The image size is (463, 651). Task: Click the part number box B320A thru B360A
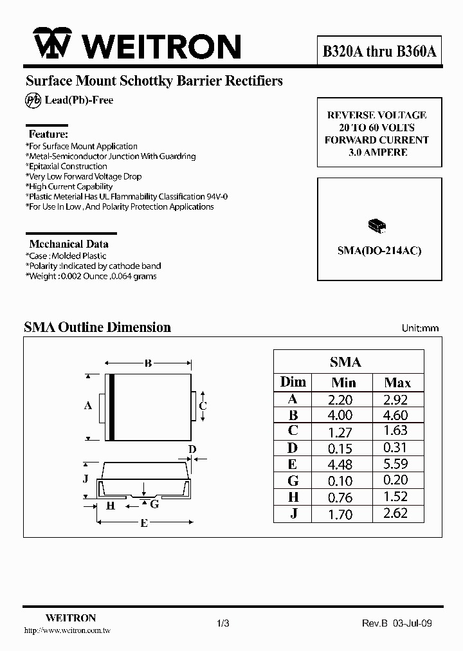[379, 52]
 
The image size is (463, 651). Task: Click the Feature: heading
[48, 134]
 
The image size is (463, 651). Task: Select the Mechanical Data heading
[69, 244]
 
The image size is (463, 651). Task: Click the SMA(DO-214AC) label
[379, 251]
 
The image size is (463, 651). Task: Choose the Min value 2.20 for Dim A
[341, 399]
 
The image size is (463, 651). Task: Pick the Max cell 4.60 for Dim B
[397, 416]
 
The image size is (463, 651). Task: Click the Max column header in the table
[397, 382]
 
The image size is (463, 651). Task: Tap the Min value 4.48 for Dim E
[341, 464]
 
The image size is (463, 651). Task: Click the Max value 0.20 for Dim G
[397, 481]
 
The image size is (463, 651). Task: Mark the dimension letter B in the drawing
[148, 363]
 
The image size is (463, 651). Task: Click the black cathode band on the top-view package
[111, 407]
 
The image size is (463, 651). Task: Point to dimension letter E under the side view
[144, 523]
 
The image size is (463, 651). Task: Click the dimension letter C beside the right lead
[203, 405]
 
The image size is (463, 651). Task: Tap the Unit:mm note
[420, 328]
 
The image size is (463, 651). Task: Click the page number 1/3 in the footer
[223, 623]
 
